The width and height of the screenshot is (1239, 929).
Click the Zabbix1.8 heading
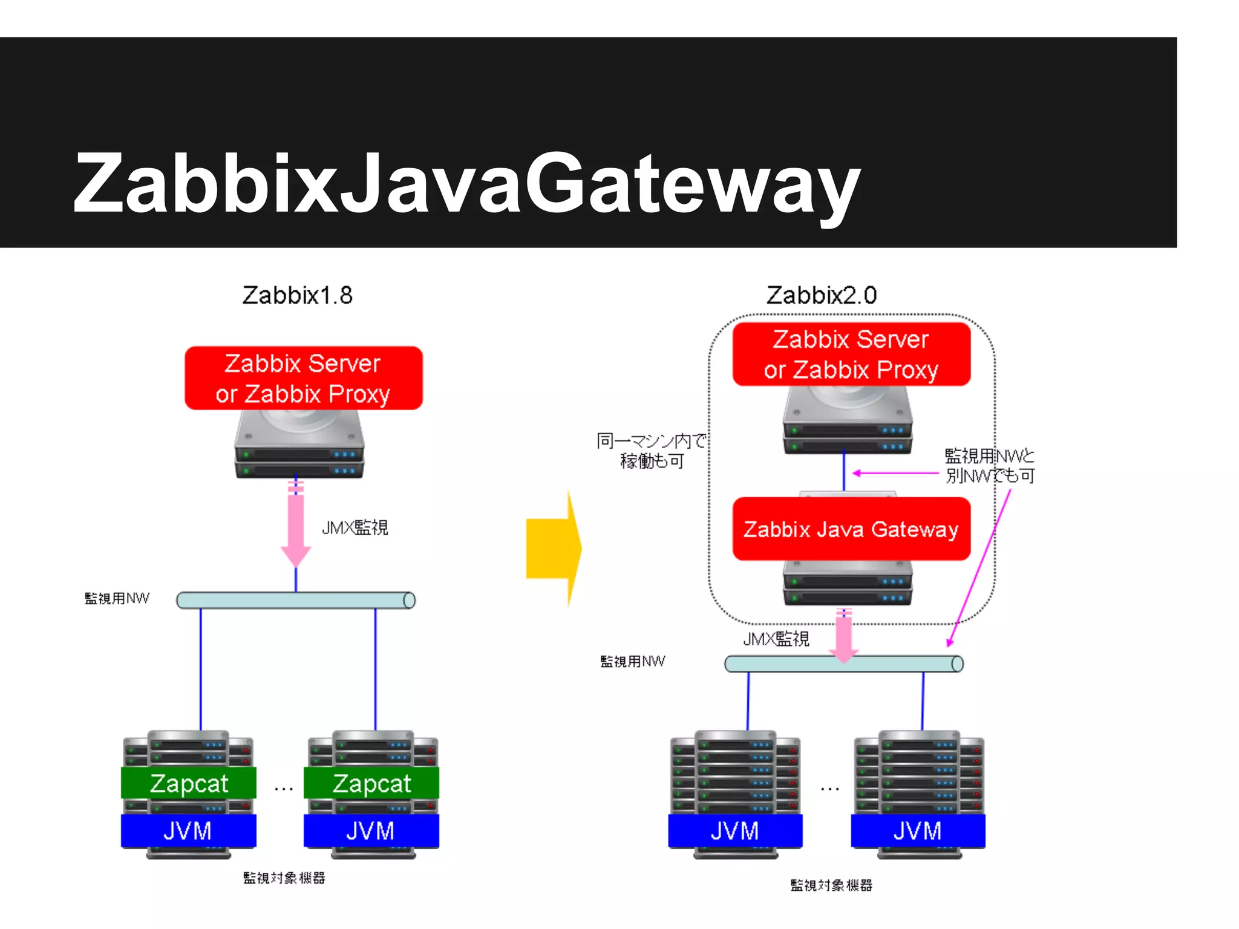[297, 295]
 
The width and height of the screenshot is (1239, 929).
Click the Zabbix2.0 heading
[821, 295]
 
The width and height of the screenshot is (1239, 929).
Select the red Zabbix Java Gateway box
[851, 529]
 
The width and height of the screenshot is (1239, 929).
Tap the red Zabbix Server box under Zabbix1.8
[303, 378]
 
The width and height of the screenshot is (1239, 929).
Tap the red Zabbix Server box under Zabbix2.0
[851, 354]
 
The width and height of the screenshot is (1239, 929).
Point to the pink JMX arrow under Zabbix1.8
[296, 526]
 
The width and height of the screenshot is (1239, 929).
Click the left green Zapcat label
[189, 783]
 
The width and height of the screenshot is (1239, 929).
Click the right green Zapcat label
[371, 783]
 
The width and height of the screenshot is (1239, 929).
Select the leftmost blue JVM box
[188, 831]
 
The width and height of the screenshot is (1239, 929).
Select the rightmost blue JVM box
[918, 831]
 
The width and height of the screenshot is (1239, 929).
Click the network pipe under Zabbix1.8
[295, 600]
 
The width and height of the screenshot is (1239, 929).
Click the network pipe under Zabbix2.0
[843, 664]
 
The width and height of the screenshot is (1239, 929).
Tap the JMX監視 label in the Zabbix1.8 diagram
[355, 527]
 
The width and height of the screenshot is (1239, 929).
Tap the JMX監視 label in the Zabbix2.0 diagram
[776, 639]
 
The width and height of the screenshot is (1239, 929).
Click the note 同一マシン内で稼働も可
[651, 451]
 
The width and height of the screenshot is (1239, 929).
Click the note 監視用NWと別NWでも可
[990, 466]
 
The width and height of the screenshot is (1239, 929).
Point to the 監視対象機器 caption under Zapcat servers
[284, 878]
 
